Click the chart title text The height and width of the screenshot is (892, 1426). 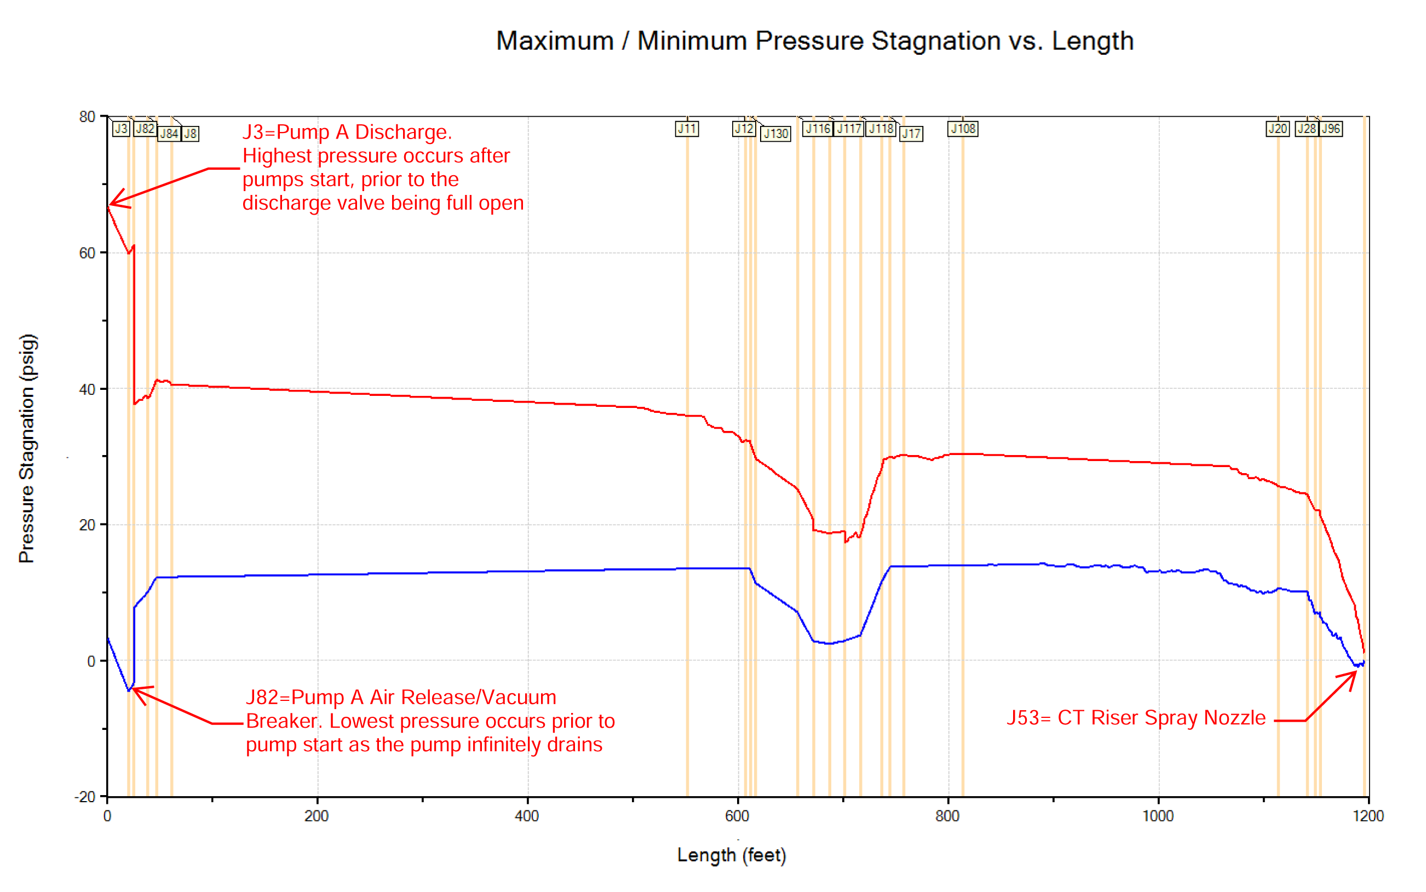814,41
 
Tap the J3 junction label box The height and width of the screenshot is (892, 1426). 121,129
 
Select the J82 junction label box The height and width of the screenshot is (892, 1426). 145,129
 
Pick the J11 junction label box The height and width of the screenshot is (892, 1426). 687,129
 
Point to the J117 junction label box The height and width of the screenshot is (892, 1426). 849,129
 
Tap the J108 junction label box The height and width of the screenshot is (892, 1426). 963,129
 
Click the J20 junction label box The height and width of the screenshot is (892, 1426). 1278,129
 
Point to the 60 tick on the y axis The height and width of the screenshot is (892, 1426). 87,253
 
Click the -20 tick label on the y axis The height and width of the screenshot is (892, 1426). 84,797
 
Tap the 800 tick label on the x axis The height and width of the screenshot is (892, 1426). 947,816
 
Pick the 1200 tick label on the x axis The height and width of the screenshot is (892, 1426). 1368,816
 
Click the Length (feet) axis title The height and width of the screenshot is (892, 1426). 732,855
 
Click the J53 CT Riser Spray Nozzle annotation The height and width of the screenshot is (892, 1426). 1136,717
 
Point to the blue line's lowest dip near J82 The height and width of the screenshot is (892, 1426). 129,689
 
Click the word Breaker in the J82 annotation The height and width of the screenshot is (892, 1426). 281,721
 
